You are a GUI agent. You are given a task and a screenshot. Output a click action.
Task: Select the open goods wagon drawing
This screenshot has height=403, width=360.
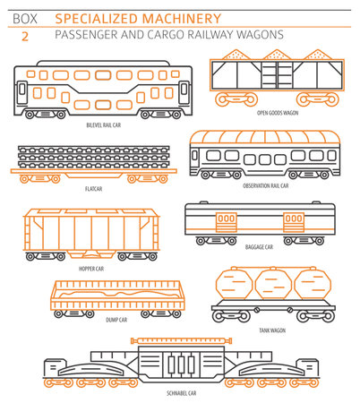point(273,74)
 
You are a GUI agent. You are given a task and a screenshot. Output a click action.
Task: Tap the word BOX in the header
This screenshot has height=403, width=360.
point(23,17)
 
